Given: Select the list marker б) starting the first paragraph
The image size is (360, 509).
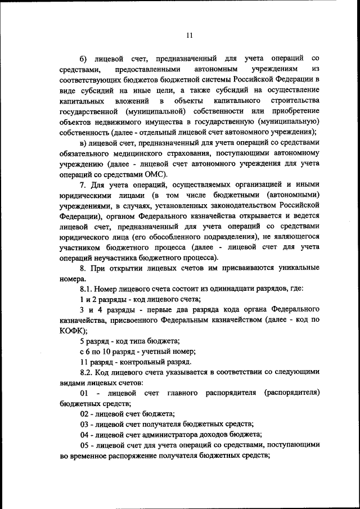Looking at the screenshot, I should click(x=84, y=58).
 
